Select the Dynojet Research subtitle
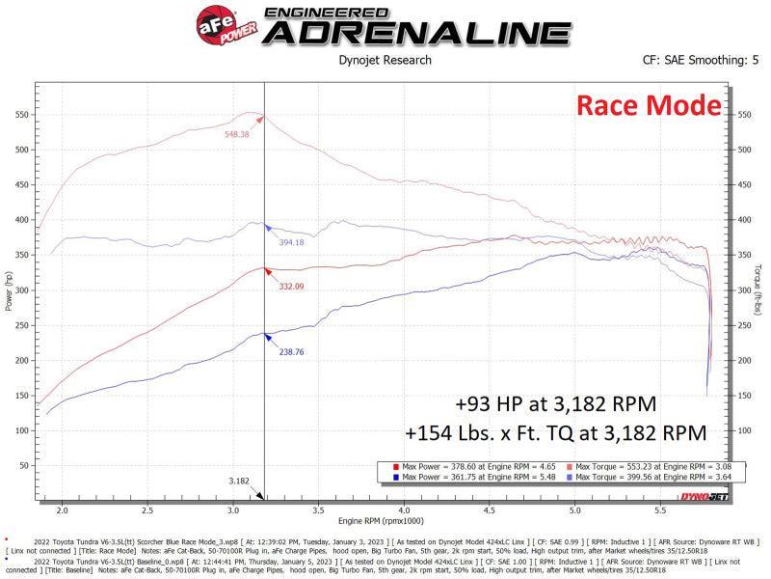385,61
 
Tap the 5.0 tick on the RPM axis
574,510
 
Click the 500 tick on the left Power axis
19,150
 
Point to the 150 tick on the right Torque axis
743,395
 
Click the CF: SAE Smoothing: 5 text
701,61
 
